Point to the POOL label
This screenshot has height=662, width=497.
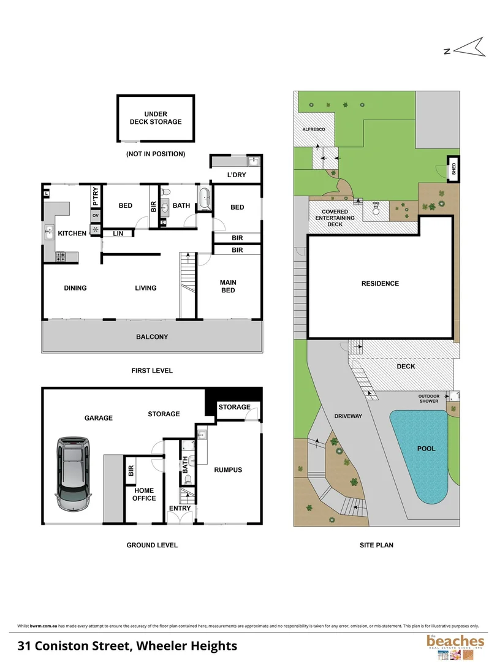click(x=426, y=449)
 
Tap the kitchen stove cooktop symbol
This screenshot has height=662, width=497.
click(x=61, y=257)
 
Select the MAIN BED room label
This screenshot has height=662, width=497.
click(x=228, y=286)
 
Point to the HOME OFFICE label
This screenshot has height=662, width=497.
click(x=144, y=494)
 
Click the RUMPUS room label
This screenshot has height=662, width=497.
click(x=228, y=470)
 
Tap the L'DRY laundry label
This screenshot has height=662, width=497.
click(x=236, y=176)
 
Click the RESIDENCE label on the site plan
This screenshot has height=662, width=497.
click(x=380, y=283)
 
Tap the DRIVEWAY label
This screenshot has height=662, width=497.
click(x=348, y=416)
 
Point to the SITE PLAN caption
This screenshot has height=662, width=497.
click(x=376, y=545)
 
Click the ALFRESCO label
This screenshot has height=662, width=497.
click(x=314, y=130)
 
